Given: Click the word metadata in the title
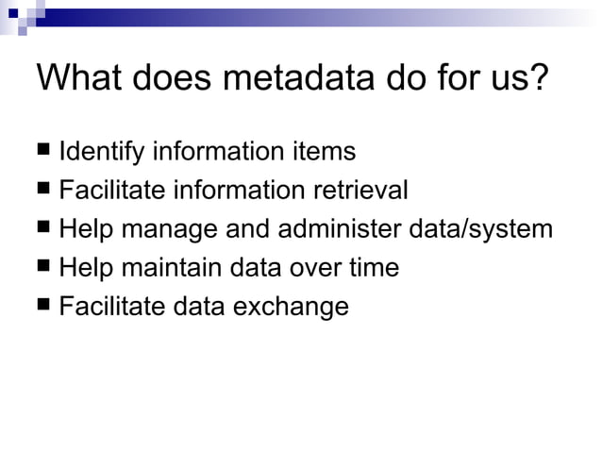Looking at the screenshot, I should click(x=302, y=77).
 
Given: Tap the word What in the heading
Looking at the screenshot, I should click(x=79, y=77).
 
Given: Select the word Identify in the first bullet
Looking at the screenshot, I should click(x=102, y=151).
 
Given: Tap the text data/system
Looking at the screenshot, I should click(x=483, y=229).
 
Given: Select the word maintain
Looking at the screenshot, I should click(x=174, y=268).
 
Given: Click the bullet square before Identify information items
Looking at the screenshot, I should click(x=45, y=150).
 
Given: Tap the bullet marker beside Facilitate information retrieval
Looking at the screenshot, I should click(x=45, y=189).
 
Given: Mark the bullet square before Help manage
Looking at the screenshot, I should click(x=45, y=227).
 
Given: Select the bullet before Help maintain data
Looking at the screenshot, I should click(x=45, y=266).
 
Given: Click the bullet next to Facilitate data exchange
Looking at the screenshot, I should click(x=45, y=305).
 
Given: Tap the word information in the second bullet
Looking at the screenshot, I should click(x=232, y=190).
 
